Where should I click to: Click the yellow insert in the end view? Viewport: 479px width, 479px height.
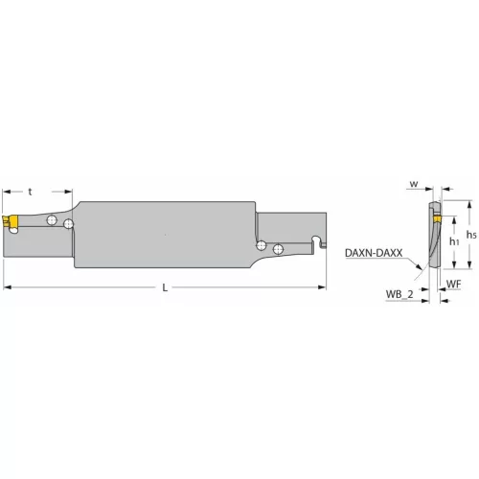coord(434,222)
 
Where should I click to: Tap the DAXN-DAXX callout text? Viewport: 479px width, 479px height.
coord(374,253)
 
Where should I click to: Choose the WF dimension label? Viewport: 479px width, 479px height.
coord(454,285)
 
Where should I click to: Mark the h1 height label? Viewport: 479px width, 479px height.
coord(453,241)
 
